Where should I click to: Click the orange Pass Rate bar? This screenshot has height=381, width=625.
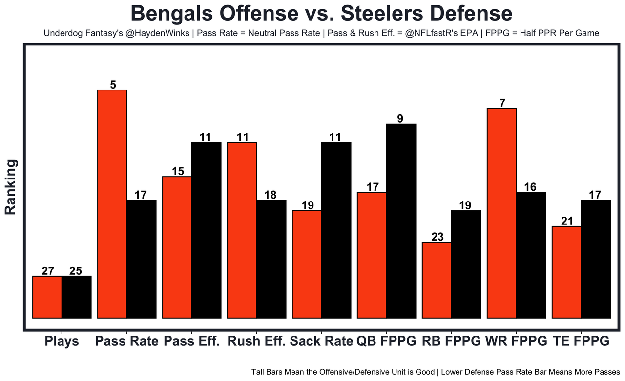(x=112, y=204)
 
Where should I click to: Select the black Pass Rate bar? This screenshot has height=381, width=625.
(x=142, y=259)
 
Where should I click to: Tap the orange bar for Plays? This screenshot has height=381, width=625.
(x=47, y=297)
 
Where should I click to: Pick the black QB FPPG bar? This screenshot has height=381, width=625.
(x=401, y=221)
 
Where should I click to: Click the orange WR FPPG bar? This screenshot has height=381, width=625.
(x=501, y=213)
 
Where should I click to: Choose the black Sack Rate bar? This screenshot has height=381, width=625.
(x=336, y=230)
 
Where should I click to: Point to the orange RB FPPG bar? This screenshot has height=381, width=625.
(x=437, y=280)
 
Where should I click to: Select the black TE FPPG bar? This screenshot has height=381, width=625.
(x=596, y=259)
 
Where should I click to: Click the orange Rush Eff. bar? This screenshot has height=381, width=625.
(x=242, y=230)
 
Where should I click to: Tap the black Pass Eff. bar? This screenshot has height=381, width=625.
(x=206, y=230)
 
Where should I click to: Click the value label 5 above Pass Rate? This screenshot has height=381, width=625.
(x=113, y=85)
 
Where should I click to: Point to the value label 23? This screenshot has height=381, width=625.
(x=437, y=237)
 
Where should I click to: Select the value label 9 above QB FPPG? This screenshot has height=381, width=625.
(x=400, y=118)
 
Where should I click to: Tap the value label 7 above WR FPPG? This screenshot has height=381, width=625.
(x=502, y=103)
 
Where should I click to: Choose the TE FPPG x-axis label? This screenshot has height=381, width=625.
(x=581, y=341)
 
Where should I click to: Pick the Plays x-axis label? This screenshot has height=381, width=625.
(x=62, y=341)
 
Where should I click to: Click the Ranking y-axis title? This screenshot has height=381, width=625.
(x=11, y=187)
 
